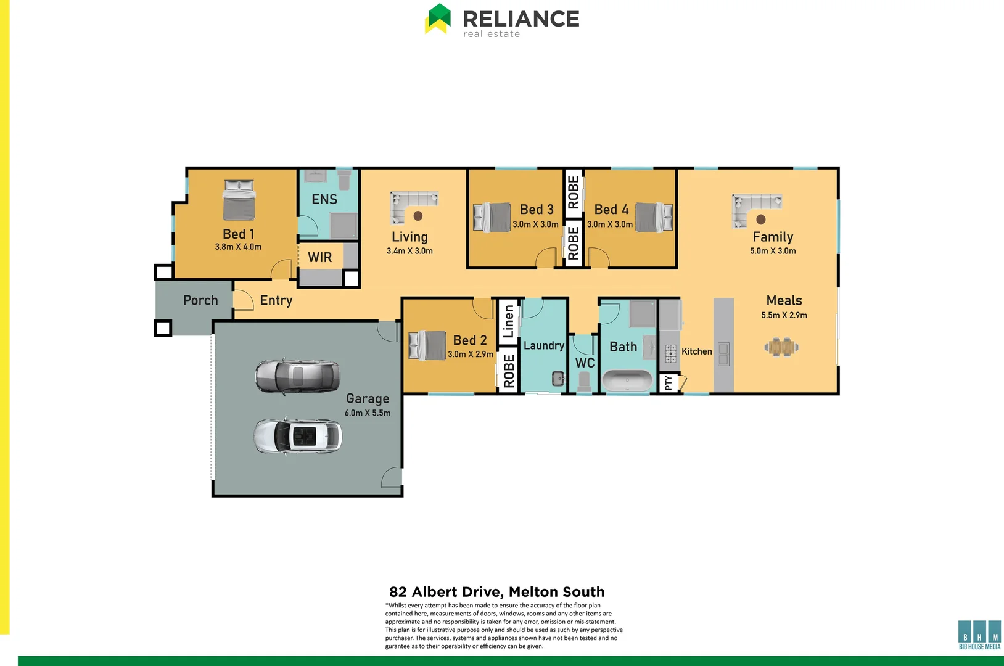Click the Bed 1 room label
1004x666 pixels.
click(238, 234)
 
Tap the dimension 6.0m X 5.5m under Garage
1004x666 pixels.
click(368, 413)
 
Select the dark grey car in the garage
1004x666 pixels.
click(297, 376)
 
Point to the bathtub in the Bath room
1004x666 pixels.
click(627, 380)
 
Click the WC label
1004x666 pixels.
click(585, 363)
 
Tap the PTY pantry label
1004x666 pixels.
click(668, 384)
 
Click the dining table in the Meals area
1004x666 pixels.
click(781, 347)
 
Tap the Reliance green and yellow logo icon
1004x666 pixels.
click(438, 18)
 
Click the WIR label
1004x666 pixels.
click(320, 258)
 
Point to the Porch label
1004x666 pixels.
click(200, 300)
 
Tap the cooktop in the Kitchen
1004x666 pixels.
click(670, 353)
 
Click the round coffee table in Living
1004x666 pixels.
click(418, 216)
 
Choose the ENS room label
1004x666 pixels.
click(324, 200)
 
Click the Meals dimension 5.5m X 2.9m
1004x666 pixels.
click(784, 315)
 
